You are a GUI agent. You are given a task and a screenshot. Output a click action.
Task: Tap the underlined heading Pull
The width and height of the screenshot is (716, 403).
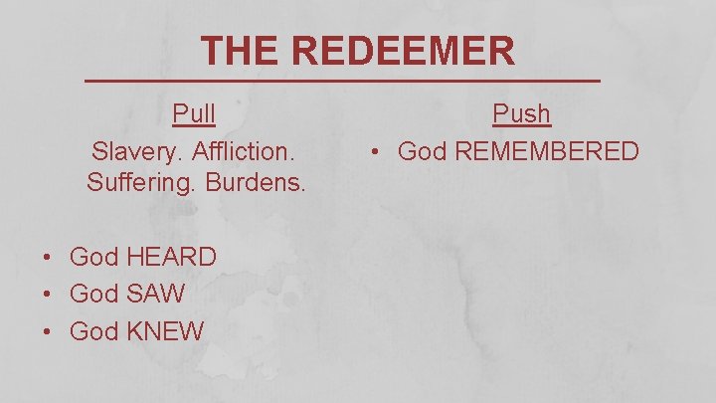pos(194,114)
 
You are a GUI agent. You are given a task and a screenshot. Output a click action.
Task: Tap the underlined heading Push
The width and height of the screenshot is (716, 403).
pos(522,114)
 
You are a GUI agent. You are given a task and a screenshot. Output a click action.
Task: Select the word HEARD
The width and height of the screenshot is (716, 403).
pos(171,257)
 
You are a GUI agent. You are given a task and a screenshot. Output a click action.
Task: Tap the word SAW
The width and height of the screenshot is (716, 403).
pos(156,295)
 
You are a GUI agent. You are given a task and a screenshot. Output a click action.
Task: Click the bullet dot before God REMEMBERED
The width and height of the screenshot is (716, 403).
pos(376,153)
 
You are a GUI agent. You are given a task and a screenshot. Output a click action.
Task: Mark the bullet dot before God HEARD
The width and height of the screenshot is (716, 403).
pos(48,258)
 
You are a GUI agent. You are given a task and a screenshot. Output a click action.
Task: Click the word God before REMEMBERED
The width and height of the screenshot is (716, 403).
pos(422,152)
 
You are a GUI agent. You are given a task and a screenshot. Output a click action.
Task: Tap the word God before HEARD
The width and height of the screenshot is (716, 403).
pos(93,257)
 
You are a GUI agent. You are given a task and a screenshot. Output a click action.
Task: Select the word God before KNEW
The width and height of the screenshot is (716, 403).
pos(93,331)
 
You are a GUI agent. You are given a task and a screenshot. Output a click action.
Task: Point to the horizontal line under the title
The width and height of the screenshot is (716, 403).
pos(341,80)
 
